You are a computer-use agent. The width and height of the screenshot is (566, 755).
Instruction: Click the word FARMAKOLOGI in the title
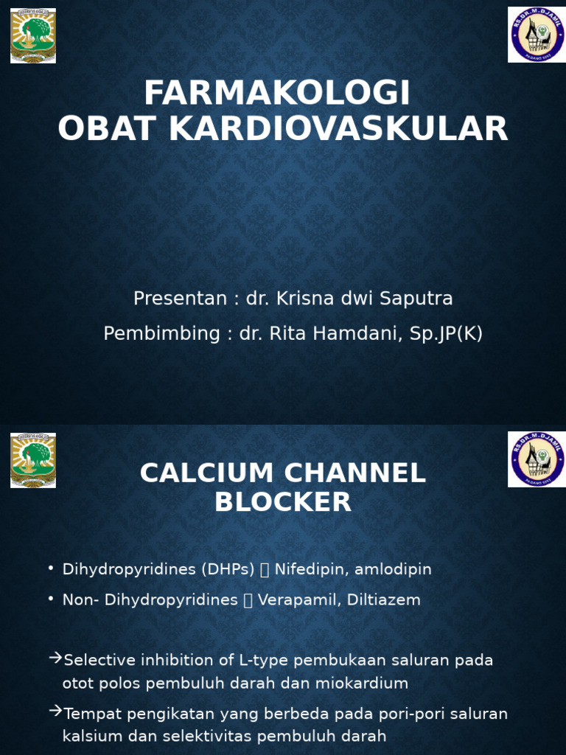276,94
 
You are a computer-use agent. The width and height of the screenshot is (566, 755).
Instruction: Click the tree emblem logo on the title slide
33,35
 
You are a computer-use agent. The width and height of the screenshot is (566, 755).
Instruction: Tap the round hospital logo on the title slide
537,35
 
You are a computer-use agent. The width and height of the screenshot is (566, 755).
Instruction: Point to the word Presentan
180,299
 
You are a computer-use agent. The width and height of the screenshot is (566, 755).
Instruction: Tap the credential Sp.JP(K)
448,334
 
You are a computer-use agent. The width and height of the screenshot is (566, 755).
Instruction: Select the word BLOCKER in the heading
283,503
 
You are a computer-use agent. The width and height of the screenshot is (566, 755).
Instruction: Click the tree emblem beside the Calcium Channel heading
33,460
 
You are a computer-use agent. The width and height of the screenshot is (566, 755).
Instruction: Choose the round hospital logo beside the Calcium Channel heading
537,459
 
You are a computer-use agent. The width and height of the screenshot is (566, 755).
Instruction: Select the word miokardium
362,683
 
